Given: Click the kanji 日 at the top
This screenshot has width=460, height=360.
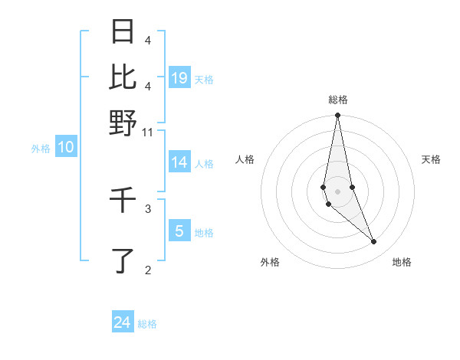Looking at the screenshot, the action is point(123,32).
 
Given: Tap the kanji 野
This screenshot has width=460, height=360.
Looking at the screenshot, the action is point(123,123).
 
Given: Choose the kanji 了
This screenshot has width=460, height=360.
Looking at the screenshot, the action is point(123,260).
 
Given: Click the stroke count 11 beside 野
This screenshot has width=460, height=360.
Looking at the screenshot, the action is point(149,133).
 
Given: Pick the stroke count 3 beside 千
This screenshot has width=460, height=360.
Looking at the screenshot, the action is point(148,208).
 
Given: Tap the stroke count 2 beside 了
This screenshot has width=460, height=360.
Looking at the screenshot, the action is point(148,269).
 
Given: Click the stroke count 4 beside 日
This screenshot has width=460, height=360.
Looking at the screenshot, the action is point(148,40).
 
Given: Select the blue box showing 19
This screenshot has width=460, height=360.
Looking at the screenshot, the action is point(179,77).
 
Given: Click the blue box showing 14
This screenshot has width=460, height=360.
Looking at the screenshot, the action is point(179,162).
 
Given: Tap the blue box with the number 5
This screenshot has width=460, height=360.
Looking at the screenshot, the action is point(179,231).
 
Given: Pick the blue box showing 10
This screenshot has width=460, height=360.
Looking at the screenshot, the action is point(66,148).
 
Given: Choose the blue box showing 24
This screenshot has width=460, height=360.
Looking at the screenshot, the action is point(123,322).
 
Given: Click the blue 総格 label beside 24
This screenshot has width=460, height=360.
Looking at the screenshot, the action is point(147,324).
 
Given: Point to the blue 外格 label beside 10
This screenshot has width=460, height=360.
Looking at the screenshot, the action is point(41,149).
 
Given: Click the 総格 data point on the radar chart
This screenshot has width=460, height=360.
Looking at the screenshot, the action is point(337,116).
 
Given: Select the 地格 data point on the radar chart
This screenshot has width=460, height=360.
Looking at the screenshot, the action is point(374,242).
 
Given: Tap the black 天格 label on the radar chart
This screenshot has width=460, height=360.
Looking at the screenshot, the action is point(431,159).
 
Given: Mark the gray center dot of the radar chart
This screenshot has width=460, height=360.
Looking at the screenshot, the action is point(337,191).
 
